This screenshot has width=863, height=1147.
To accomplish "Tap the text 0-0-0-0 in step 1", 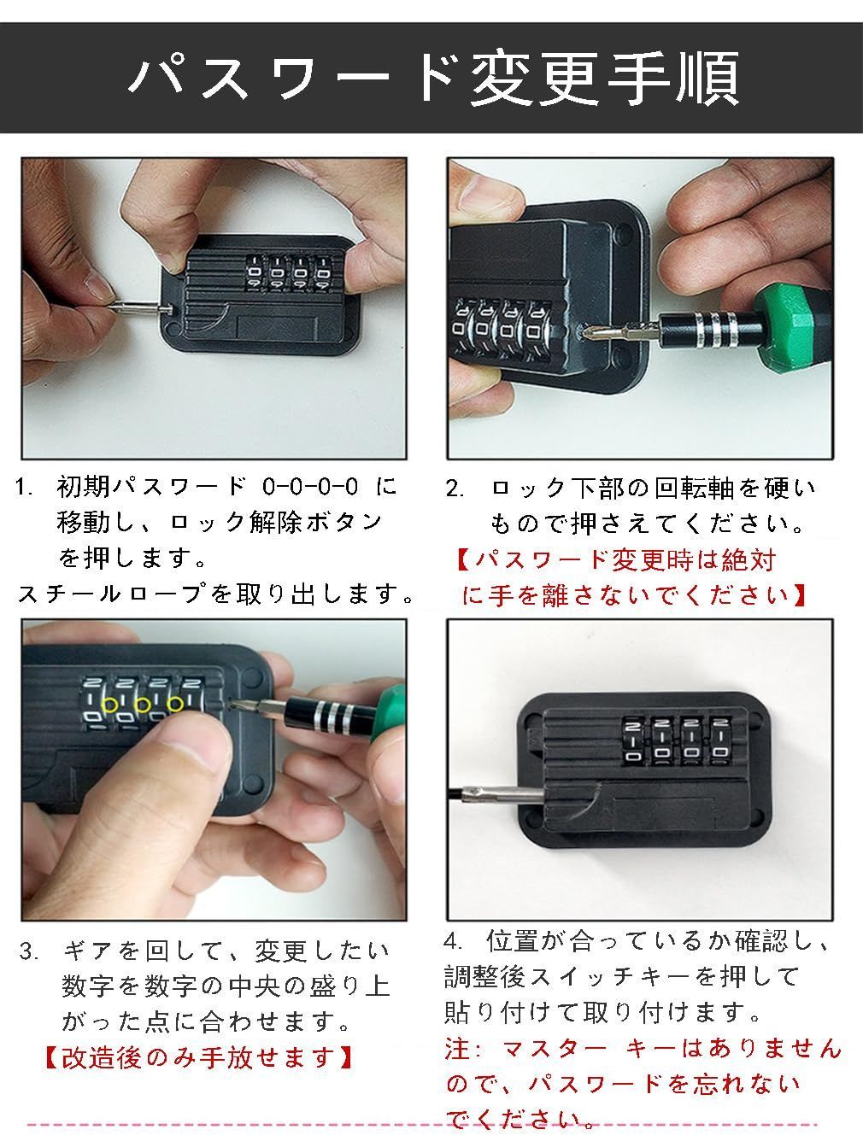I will point(311,488).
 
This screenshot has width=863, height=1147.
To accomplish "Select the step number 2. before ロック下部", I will point(455,489).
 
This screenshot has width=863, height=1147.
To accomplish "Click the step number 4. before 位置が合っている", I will point(454,942).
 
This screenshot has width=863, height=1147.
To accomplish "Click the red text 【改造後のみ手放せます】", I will point(198,1057).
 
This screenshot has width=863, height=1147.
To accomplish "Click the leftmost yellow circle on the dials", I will point(110,704).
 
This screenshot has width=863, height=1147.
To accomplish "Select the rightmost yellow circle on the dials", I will point(176,704).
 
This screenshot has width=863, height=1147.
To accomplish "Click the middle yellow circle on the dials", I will point(143,704).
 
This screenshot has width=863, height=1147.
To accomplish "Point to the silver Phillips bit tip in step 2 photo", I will point(611,329).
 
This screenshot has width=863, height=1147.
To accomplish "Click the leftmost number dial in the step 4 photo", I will point(632,740).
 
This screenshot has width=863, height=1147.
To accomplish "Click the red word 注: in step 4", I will point(464,1048).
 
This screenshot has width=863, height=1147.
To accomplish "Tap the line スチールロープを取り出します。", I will point(215,594).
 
